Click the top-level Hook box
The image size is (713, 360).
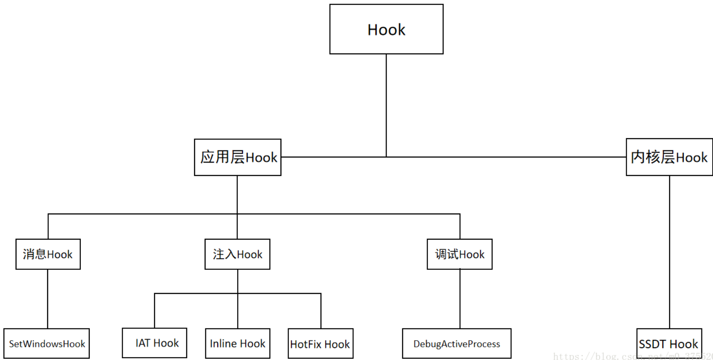coord(386,29)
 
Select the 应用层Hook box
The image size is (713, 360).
coord(238,157)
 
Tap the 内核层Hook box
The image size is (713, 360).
coord(669,157)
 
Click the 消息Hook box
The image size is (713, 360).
coord(48,254)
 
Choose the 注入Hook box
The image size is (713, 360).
coord(238,254)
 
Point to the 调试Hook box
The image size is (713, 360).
coord(459,254)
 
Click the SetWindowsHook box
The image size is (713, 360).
coord(47,344)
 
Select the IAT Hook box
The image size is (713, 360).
coord(155,343)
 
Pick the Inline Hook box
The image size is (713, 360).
coord(238,344)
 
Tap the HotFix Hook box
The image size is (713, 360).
coord(320,344)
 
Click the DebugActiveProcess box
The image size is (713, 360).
coord(457,344)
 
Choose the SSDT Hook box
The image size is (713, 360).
coord(669,344)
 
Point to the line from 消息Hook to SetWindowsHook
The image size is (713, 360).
coord(48,299)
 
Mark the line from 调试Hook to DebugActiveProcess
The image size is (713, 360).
coord(460,299)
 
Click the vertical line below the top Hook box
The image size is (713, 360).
coord(386,105)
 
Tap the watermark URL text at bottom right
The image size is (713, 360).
coord(632,356)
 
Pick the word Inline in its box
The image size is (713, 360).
coord(223,344)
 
